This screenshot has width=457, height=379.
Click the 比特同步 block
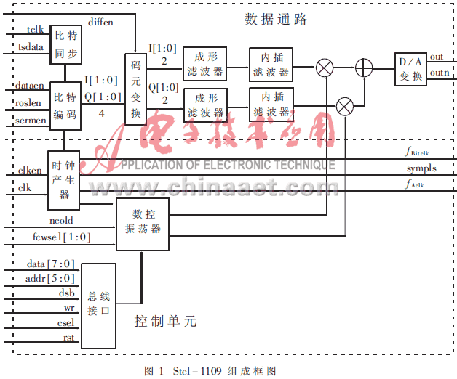(65, 44)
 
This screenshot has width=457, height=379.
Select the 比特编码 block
(64, 106)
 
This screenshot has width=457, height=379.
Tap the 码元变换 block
(135, 89)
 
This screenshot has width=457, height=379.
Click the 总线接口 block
(98, 305)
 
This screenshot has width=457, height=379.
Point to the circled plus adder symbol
(363, 68)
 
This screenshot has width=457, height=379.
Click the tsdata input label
(31, 47)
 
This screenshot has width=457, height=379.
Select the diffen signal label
(100, 23)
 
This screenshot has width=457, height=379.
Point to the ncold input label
(61, 219)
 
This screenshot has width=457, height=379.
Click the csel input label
(65, 324)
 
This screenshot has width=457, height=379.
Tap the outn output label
(439, 72)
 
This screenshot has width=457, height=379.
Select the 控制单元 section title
(165, 321)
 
